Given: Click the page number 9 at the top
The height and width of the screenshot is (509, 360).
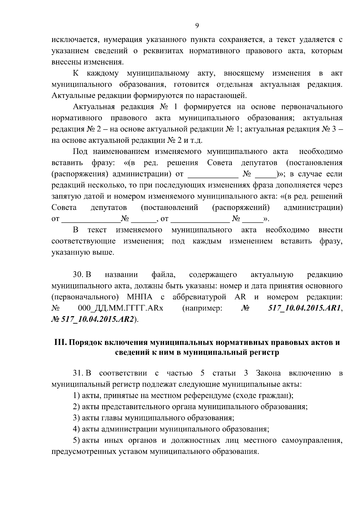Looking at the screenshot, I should coord(197,26).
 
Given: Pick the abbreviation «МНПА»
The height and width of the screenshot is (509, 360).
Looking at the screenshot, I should coord(139,297).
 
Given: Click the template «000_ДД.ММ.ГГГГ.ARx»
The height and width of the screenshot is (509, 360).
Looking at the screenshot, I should coord(120,308).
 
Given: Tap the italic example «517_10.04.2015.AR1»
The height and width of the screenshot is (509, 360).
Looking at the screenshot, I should coord(304,308).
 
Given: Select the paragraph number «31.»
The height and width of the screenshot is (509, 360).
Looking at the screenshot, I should coord(78,373).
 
